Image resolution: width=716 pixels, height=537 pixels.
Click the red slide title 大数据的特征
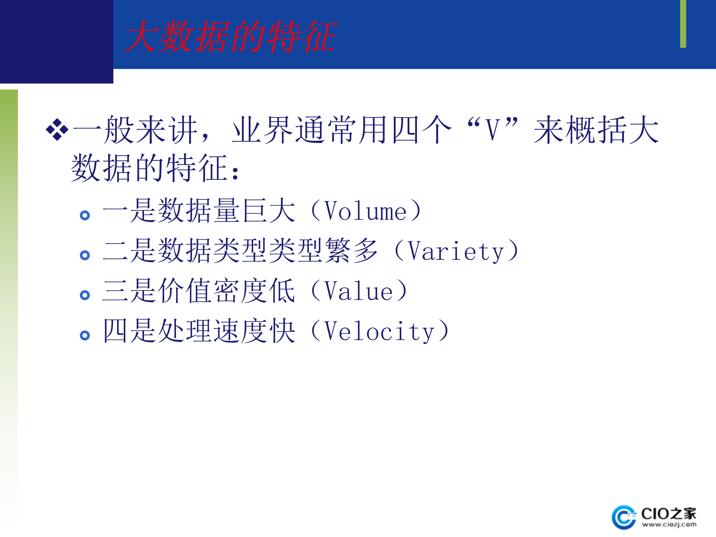tap(229, 37)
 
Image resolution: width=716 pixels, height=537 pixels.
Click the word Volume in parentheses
tap(365, 211)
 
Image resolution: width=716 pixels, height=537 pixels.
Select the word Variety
tap(456, 251)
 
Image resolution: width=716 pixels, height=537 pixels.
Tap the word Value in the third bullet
tap(358, 291)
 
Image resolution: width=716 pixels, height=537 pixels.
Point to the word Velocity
tap(379, 332)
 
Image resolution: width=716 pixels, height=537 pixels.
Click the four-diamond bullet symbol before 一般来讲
tap(57, 130)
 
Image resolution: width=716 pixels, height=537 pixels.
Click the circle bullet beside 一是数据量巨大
tap(85, 215)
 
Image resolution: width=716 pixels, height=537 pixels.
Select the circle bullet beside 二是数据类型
tap(85, 255)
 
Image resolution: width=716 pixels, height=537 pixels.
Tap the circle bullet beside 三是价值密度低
tap(85, 295)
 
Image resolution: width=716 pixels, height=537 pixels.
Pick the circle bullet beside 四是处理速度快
tap(85, 335)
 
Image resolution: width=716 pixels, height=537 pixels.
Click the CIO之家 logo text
tap(668, 514)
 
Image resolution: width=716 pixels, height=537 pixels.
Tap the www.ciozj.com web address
tap(669, 524)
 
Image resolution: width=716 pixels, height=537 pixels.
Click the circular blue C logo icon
tap(624, 518)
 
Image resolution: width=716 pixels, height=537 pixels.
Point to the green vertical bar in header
tap(683, 24)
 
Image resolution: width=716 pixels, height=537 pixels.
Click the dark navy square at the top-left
tap(56, 41)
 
